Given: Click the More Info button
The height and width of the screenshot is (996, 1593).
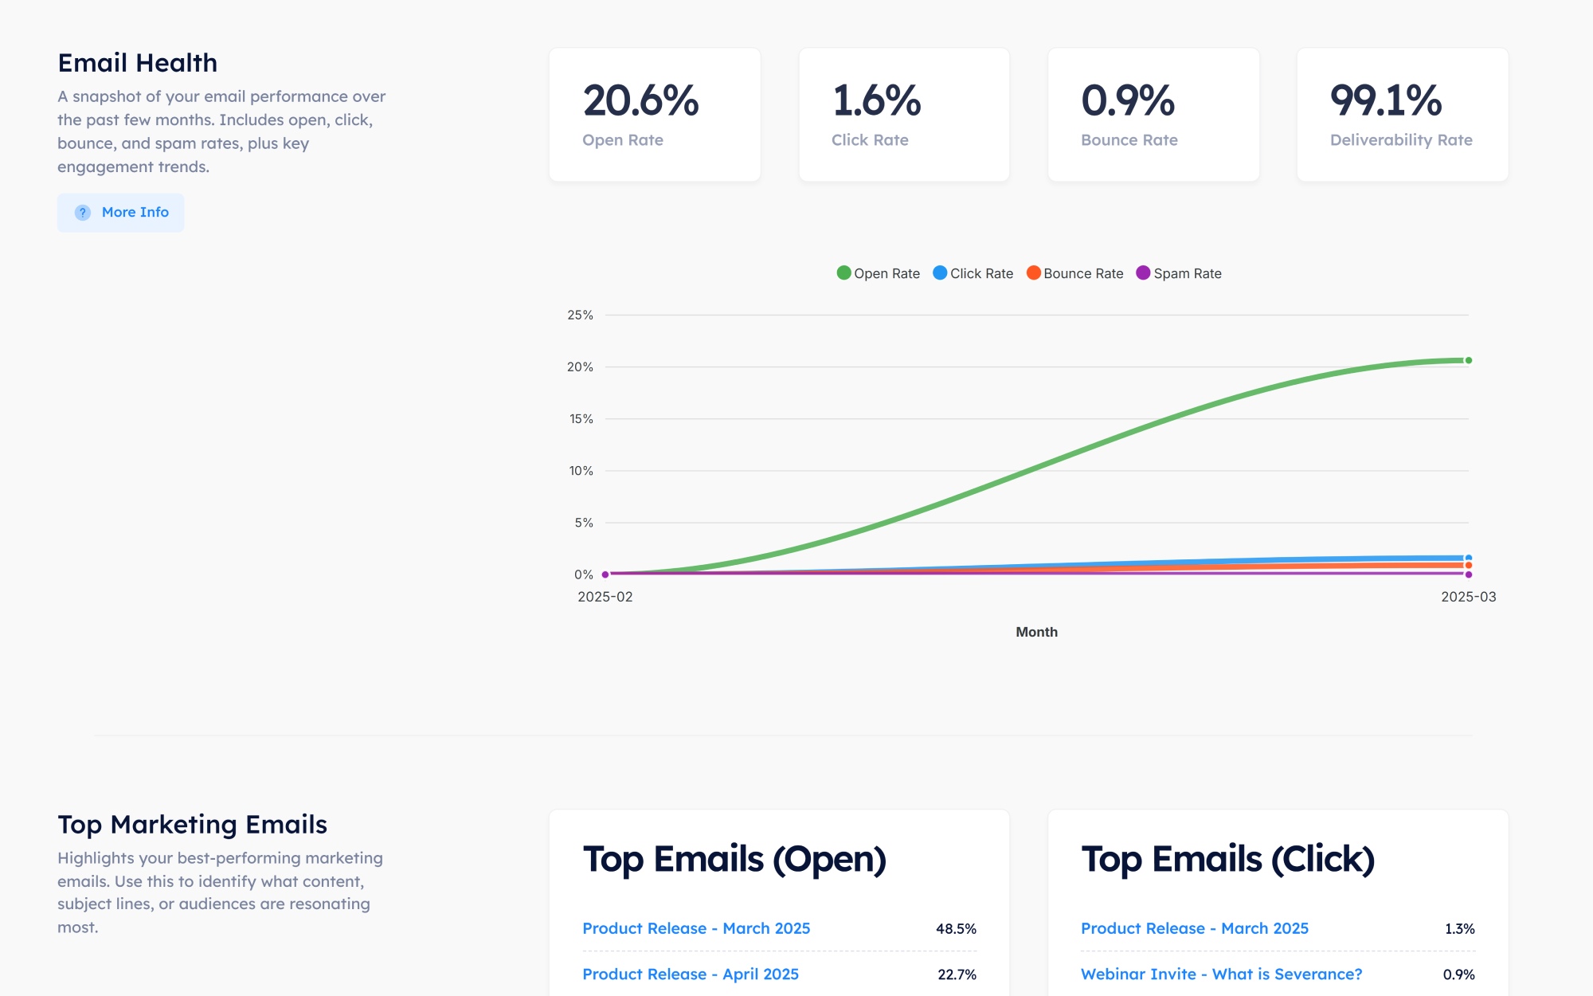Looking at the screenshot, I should (121, 213).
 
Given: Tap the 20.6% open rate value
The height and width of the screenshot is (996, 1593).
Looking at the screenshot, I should (640, 101).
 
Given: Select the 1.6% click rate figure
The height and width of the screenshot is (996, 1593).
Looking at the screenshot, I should (876, 101).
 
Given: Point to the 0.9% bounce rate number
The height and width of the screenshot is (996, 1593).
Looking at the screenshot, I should (1127, 101).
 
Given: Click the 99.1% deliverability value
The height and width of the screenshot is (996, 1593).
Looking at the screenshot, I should (1385, 101).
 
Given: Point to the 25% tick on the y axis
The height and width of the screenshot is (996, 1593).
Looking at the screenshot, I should (580, 316).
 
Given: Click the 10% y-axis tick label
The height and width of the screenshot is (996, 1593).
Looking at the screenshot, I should (581, 471).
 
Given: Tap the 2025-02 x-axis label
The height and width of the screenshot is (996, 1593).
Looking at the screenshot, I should (605, 597).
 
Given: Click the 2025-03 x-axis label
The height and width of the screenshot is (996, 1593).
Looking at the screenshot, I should (1468, 597).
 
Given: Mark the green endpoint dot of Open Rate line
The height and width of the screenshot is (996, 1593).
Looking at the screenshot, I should (1469, 360).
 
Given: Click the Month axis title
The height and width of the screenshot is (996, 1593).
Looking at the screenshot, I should (1036, 632).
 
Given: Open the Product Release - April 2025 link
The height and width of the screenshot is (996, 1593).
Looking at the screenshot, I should (691, 974).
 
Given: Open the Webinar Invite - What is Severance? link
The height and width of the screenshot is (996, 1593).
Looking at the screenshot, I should (1221, 974).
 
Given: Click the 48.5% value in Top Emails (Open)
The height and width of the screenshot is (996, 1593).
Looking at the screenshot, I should (956, 929).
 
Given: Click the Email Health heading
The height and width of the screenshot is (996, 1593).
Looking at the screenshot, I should (138, 63).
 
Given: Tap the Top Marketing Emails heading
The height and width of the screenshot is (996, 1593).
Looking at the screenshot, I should (192, 825).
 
